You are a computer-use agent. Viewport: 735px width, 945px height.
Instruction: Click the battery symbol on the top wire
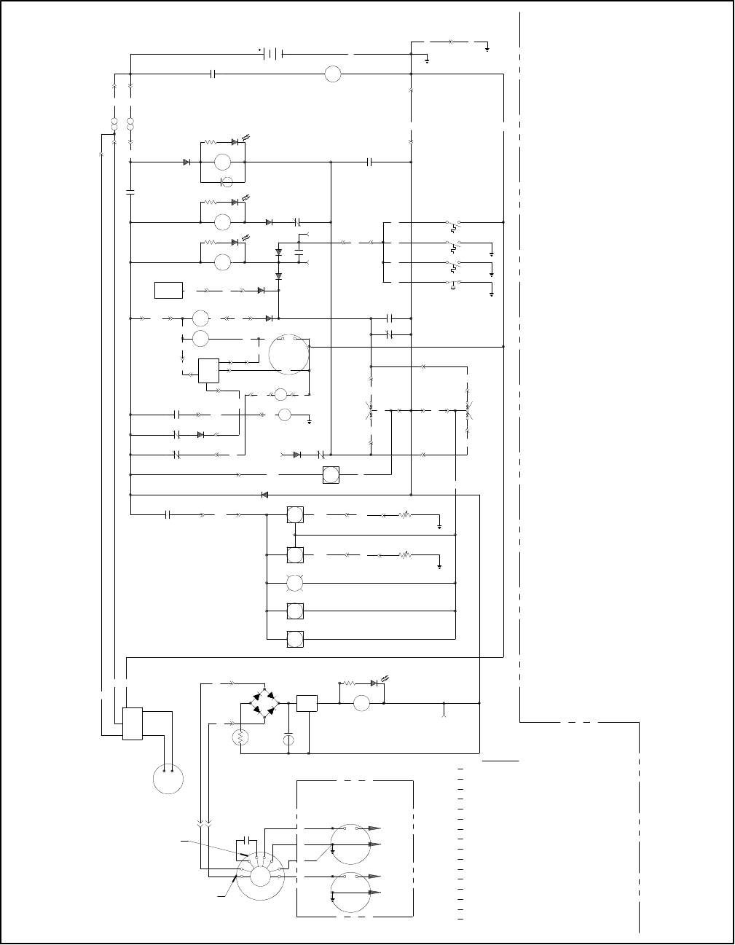[272, 53]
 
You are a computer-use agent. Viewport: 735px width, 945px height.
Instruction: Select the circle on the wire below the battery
[332, 74]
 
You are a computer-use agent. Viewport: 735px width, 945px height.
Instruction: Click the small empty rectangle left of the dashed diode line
[168, 290]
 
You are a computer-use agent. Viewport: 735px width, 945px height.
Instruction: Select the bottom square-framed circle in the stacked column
[295, 639]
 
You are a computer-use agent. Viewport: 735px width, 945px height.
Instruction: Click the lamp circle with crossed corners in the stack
[295, 583]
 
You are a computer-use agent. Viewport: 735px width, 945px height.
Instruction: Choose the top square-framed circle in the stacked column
[295, 514]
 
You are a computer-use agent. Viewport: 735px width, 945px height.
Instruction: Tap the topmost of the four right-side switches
[454, 221]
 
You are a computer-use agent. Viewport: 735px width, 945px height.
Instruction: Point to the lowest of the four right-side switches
[454, 283]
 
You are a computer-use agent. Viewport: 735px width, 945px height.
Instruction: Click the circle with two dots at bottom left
[168, 779]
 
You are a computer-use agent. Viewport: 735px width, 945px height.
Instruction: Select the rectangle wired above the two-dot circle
[132, 724]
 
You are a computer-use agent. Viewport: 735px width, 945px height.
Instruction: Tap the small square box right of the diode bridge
[307, 703]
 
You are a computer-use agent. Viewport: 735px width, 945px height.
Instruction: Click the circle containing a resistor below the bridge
[241, 738]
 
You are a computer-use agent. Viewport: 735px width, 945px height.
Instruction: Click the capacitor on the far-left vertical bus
[130, 192]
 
